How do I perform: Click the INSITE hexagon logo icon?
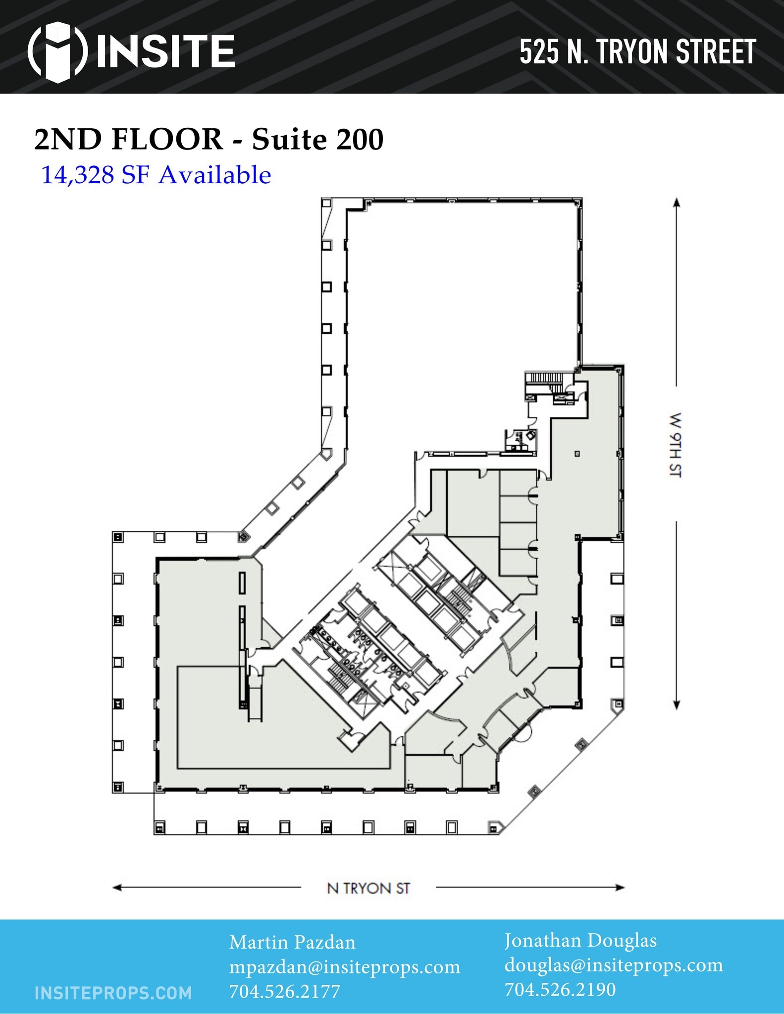[x=58, y=51]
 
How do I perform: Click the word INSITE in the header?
[x=165, y=51]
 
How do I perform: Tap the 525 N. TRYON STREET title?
[x=637, y=51]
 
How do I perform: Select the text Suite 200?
[x=317, y=139]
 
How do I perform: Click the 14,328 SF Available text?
[x=156, y=175]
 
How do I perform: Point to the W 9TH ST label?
[x=676, y=445]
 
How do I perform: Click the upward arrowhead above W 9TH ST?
[x=677, y=202]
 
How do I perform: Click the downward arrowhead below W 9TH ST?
[x=677, y=705]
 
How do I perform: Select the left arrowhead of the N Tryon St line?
[x=117, y=887]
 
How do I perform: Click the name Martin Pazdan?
[x=292, y=942]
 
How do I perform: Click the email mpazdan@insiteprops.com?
[x=345, y=967]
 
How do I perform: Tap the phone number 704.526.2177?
[x=284, y=991]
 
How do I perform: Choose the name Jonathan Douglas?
[x=580, y=940]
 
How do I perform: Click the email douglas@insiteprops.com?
[x=614, y=964]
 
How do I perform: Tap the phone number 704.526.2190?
[x=560, y=989]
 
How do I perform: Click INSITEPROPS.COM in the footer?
[x=113, y=993]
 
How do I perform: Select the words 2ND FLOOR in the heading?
[x=128, y=139]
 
